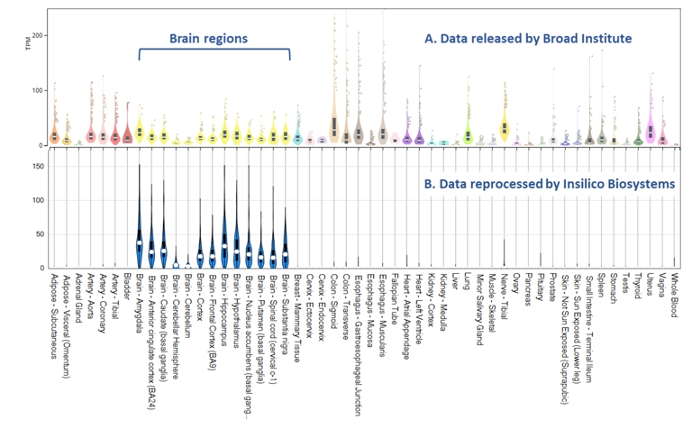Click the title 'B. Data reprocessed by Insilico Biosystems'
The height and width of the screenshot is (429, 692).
point(551,184)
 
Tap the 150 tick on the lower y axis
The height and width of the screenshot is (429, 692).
point(40,166)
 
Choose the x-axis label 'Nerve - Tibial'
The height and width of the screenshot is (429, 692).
point(504,301)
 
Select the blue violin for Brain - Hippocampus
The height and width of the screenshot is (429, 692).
point(224,239)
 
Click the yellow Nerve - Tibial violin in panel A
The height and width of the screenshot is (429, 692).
point(505,126)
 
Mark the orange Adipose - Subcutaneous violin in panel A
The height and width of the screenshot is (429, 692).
point(54,133)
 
